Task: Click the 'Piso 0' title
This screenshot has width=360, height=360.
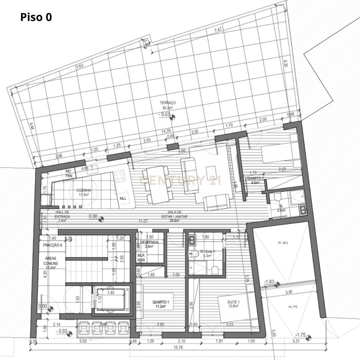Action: pyautogui.click(x=36, y=17)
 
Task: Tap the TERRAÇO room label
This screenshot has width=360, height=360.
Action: pyautogui.click(x=168, y=103)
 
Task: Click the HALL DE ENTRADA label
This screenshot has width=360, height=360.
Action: pyautogui.click(x=62, y=214)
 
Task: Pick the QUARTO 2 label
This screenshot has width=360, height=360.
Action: pyautogui.click(x=255, y=178)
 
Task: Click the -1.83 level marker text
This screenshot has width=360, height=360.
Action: pyautogui.click(x=269, y=282)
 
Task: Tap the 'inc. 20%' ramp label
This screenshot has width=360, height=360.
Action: pyautogui.click(x=282, y=243)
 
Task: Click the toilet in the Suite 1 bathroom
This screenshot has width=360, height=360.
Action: pyautogui.click(x=215, y=270)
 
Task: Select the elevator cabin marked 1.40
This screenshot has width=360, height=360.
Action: pyautogui.click(x=111, y=299)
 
